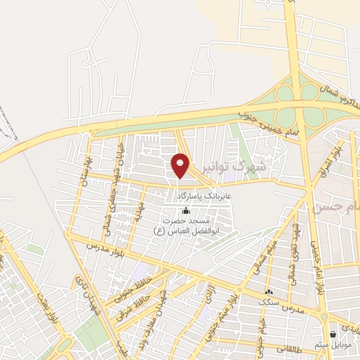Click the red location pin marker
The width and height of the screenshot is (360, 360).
click(181, 165)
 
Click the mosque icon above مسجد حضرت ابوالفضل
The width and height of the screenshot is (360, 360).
click(186, 210)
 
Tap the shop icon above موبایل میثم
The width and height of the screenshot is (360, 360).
click(332, 334)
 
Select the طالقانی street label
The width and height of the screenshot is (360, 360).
click(290, 346)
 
